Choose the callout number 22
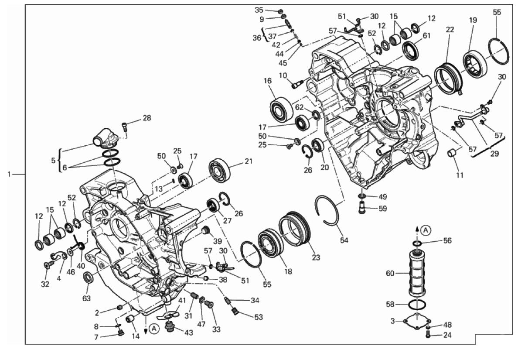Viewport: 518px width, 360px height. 450,30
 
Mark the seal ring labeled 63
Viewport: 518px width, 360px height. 88,277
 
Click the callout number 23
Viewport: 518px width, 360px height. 316,257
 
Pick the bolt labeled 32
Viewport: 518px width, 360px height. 48,264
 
